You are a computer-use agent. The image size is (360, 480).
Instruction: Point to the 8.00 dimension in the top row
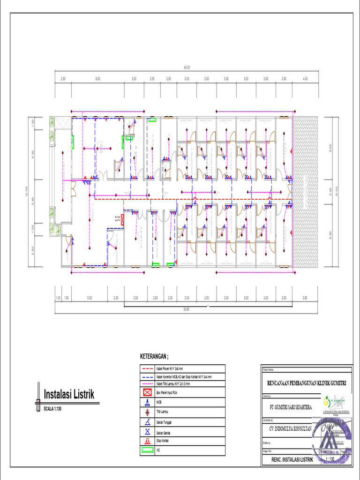coord(97,79)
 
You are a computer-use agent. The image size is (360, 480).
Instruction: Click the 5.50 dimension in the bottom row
coord(90,298)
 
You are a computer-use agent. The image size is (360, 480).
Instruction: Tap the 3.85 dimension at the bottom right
coord(305,298)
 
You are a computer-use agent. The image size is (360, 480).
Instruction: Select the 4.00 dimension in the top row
coord(306,79)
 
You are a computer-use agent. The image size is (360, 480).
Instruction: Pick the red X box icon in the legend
coord(147,391)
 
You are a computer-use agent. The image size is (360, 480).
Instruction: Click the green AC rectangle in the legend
coord(147,450)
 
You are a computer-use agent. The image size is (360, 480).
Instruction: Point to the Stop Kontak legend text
coord(163,441)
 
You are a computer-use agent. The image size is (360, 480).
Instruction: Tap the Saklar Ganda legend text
coord(164,431)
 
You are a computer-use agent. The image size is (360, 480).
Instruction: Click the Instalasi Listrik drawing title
coord(69,394)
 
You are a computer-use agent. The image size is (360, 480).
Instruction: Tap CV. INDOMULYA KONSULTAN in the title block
coord(288,428)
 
